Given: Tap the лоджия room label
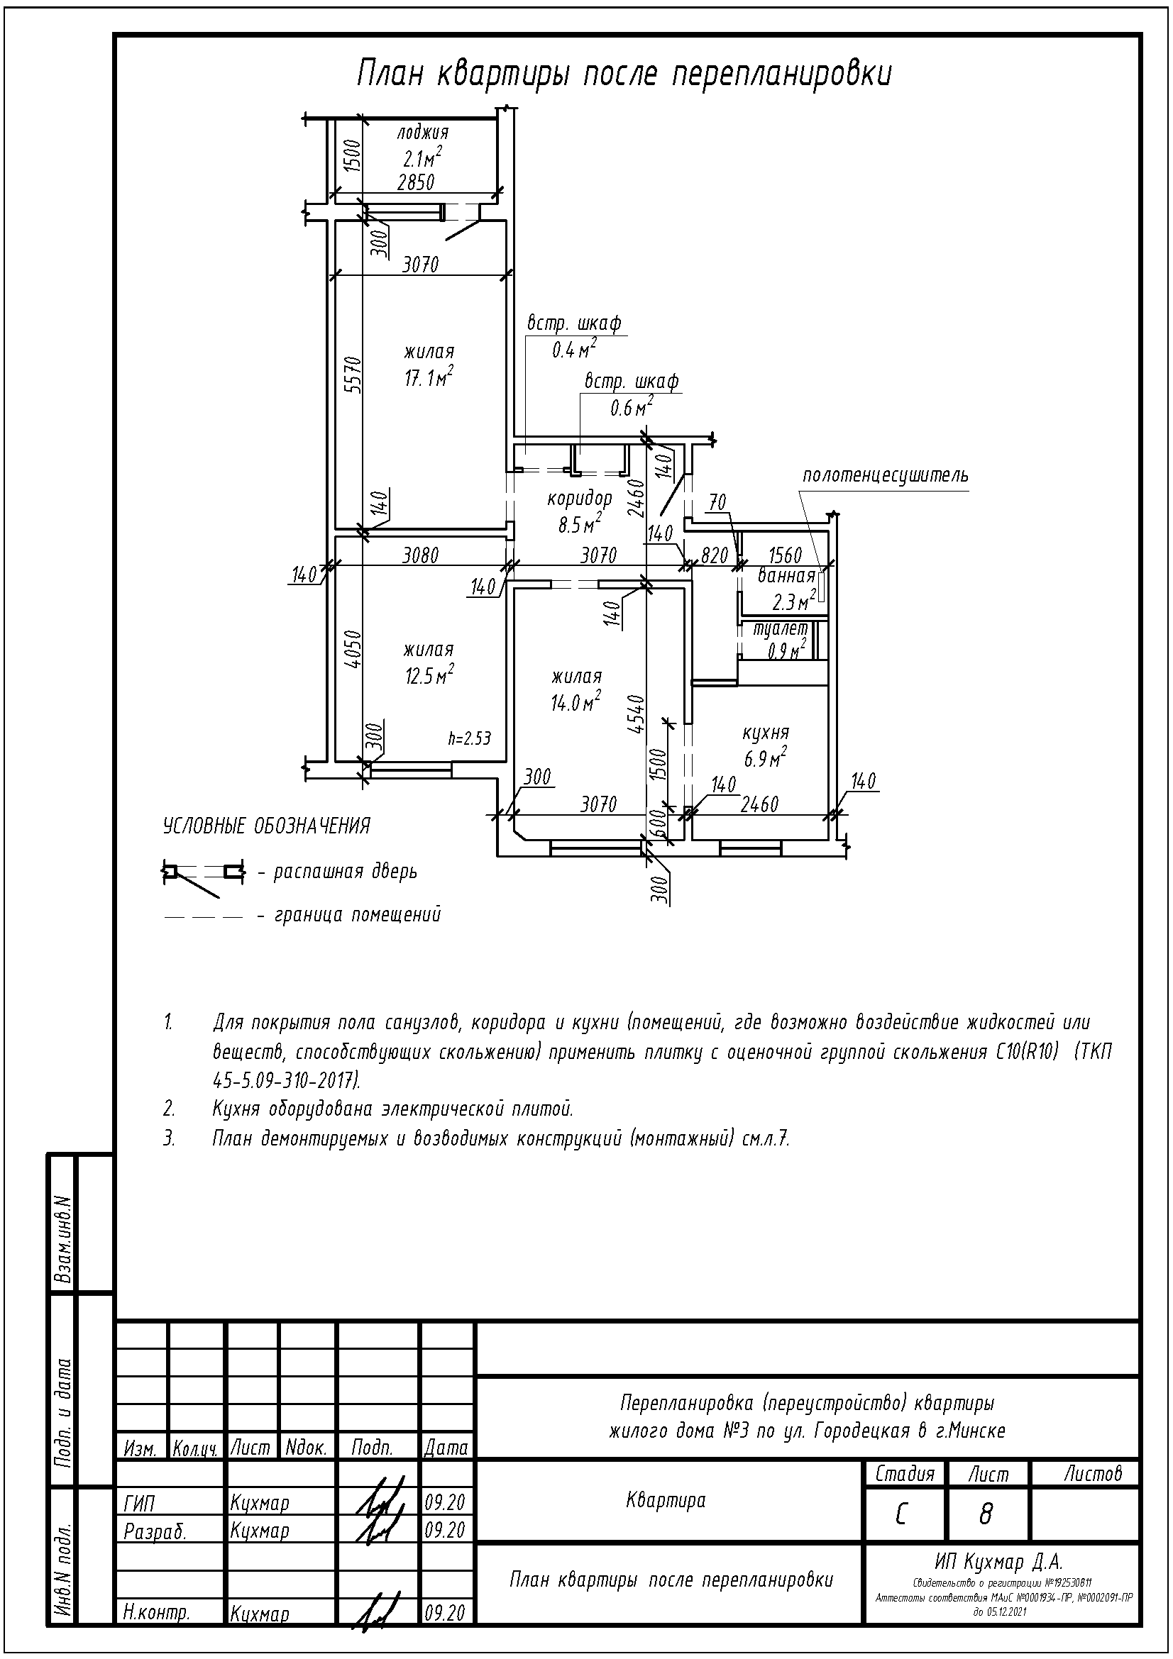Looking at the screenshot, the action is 423,133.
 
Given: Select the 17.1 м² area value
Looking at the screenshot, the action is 429,377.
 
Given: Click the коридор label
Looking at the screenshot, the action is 580,498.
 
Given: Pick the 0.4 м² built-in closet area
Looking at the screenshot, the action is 574,349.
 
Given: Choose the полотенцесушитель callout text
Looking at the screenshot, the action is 885,476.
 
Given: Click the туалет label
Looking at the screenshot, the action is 780,629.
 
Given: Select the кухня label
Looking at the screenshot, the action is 766,733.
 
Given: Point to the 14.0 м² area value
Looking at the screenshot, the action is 576,701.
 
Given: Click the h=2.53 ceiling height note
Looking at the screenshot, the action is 469,738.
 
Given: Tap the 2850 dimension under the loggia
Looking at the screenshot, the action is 417,182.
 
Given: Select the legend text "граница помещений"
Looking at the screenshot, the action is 358,915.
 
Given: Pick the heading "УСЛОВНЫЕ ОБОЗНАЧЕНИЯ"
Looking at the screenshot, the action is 267,826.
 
